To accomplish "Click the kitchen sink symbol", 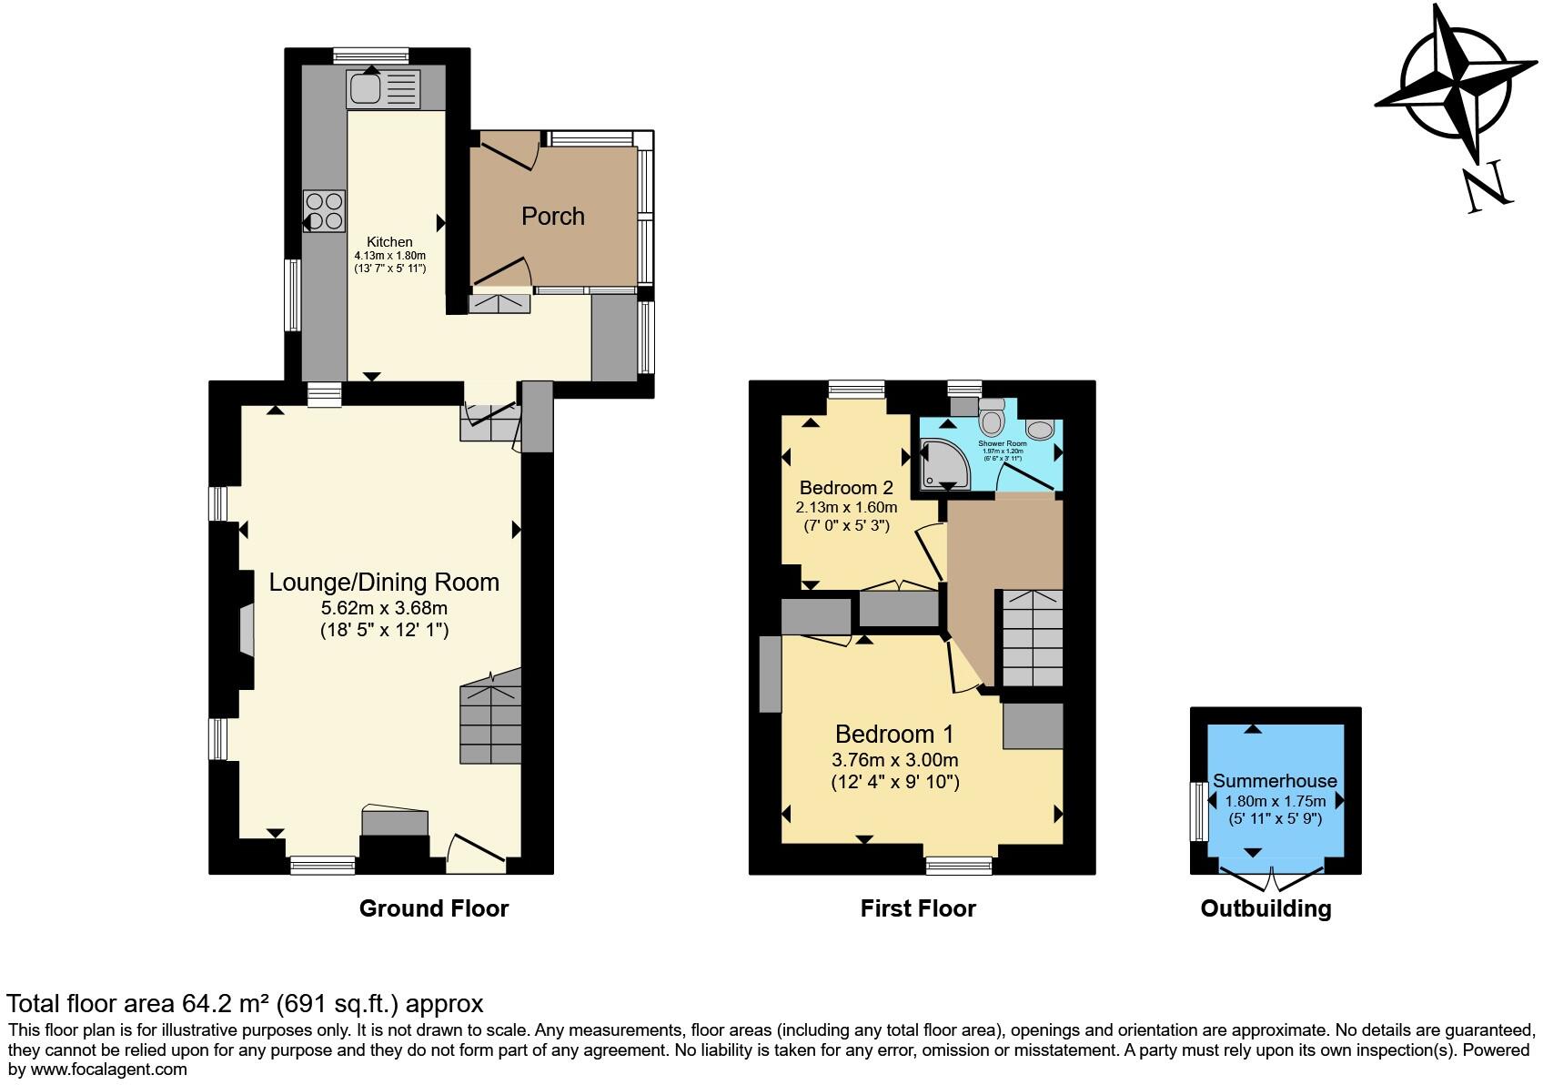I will [383, 89].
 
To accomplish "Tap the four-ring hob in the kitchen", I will [325, 210].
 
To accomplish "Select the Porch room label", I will [552, 216].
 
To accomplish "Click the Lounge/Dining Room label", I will [384, 583].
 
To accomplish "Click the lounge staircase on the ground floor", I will [490, 724].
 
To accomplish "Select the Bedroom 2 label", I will [846, 488].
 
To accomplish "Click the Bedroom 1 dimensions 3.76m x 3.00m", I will [894, 760].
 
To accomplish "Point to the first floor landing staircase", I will [1032, 637].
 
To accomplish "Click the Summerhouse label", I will [1275, 781].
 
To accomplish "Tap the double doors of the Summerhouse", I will [1271, 877].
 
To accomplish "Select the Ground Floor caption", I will [433, 908].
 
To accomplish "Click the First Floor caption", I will [917, 908].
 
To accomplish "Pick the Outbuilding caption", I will [1266, 908].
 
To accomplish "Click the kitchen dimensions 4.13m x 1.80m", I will [389, 256].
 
